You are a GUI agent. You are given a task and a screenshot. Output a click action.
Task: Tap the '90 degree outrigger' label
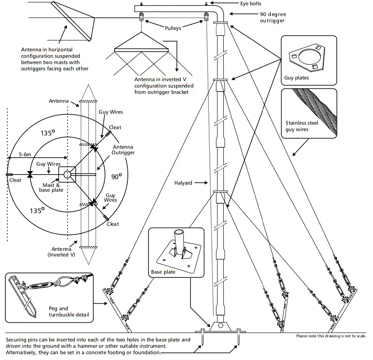[272, 17]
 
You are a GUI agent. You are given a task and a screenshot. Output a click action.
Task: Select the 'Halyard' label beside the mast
[184, 183]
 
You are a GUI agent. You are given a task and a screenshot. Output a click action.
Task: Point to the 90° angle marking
[116, 177]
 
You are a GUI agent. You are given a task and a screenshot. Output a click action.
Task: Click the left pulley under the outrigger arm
[141, 17]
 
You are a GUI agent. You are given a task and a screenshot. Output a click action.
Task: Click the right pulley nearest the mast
[207, 17]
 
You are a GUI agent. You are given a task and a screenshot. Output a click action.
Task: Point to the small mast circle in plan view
[67, 174]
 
